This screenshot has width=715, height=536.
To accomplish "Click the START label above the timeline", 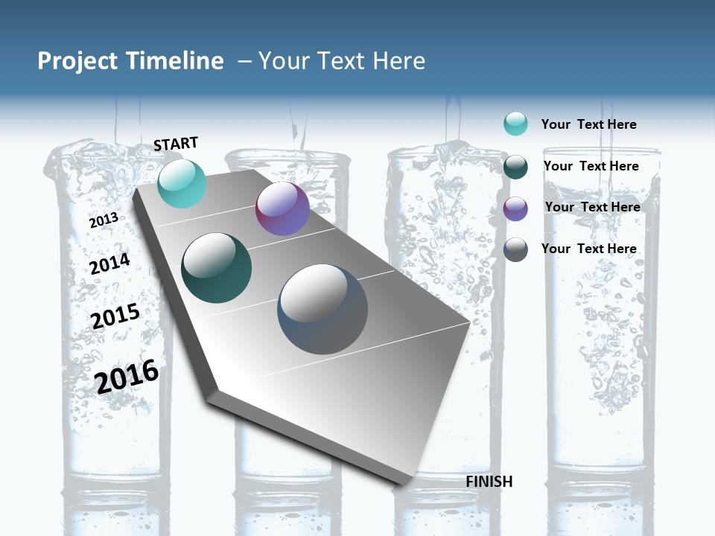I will tap(176, 144).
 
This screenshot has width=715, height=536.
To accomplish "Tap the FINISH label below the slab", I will tap(489, 482).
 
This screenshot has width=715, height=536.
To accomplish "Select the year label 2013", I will tap(104, 220).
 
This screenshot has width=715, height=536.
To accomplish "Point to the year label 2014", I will tap(109, 264).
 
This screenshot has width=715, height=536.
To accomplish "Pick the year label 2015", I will tap(115, 316).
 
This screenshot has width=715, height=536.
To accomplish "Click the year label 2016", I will tap(127, 377).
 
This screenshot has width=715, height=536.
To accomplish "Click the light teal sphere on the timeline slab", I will tap(182, 183).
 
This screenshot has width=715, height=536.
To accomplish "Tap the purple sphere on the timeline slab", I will tap(282, 208).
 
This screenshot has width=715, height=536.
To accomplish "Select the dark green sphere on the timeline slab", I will tap(217, 268).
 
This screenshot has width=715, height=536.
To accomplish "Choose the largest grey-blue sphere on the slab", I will tap(322, 309).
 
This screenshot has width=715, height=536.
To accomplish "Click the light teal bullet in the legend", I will tap(515, 124).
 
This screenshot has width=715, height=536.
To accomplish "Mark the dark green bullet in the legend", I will tap(515, 167).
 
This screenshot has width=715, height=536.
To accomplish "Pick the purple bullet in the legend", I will tap(515, 208).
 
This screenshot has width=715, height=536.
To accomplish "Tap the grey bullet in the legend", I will tap(515, 249).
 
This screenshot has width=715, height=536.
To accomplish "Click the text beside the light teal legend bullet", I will tap(588, 124).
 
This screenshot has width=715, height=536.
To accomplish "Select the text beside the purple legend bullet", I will tap(592, 207).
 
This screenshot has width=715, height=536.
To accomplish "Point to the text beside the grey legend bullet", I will tap(588, 249).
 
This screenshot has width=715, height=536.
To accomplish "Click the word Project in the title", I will tap(78, 61).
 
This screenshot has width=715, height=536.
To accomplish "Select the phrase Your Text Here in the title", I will tap(342, 61).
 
